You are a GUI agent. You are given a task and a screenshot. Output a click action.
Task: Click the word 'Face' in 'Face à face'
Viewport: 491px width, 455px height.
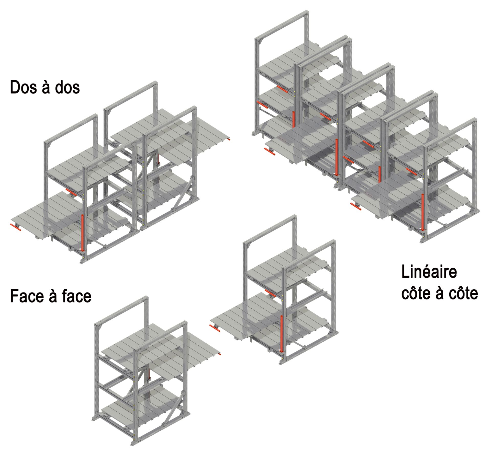click(x=26, y=296)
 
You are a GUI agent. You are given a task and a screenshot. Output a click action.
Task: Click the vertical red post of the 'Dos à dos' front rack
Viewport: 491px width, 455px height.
click(x=82, y=232)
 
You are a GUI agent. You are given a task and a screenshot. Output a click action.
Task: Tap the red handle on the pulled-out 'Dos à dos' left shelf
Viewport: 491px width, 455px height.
click(x=16, y=227)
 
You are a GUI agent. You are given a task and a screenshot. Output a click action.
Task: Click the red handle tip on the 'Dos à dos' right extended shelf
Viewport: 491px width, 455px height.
click(x=230, y=139)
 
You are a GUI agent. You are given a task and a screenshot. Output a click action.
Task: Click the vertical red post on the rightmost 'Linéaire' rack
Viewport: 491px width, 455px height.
click(x=422, y=212)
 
